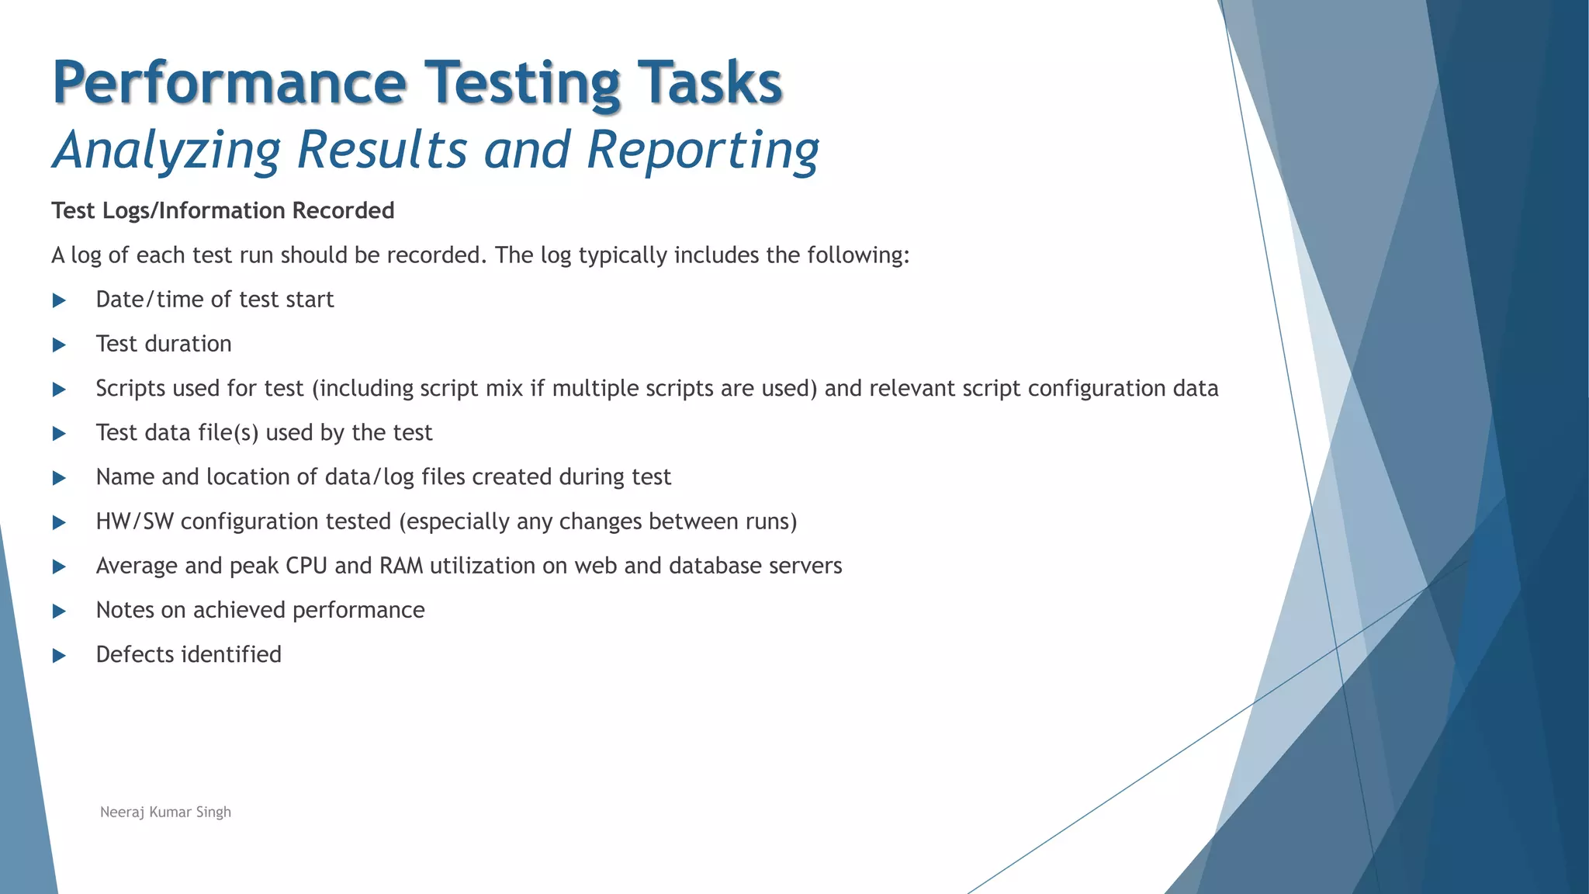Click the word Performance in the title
click(229, 84)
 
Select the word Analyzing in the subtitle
click(166, 150)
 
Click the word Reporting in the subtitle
click(702, 150)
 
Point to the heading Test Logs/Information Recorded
click(223, 211)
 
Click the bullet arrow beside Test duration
click(59, 345)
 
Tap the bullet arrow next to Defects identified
click(59, 657)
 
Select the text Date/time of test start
click(214, 300)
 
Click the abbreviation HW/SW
click(134, 521)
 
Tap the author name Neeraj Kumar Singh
click(165, 813)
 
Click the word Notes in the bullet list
click(125, 610)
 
